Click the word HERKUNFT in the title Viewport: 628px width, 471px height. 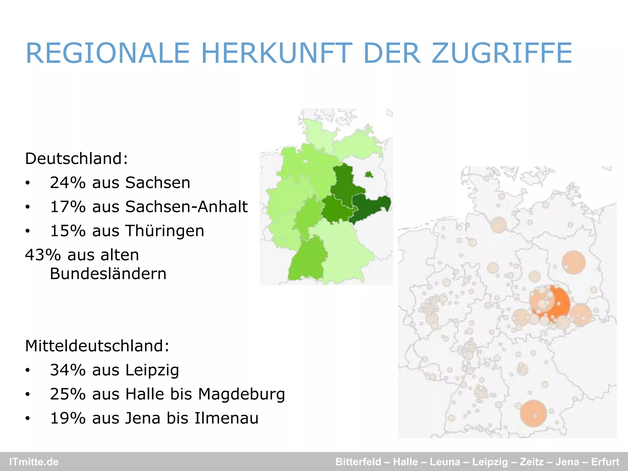tap(277, 53)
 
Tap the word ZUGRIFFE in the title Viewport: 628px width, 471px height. tap(502, 53)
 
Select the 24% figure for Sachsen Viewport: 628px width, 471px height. tap(67, 183)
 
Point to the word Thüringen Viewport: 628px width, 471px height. tap(165, 231)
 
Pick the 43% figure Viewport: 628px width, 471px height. tap(43, 255)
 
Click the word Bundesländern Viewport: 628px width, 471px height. tap(108, 274)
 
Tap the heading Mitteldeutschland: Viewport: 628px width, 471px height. tap(97, 346)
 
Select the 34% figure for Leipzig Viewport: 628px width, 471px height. tap(67, 370)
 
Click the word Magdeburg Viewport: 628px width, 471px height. tap(242, 394)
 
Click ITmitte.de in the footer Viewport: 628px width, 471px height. tap(34, 462)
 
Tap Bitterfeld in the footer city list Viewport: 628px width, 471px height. tap(358, 462)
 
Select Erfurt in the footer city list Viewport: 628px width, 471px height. tap(605, 462)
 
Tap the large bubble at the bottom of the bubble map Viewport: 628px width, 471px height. tap(534, 413)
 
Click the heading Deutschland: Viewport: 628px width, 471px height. tap(76, 159)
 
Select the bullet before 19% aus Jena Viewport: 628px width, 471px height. tap(28, 419)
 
